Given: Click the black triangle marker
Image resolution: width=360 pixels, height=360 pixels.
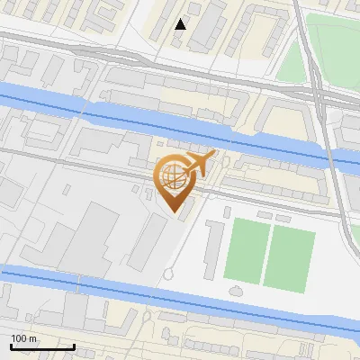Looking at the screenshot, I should coord(181,24).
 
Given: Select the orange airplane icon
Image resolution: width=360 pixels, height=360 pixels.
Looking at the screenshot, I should coord(200,165).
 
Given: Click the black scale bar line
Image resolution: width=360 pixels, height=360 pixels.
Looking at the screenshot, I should coord(41,346).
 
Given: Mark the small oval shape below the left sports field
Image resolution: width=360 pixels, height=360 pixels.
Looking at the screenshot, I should coord(236,291).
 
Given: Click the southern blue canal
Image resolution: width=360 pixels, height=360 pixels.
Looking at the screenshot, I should coord(180,297).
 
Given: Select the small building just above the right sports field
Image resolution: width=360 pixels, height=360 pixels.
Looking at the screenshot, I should coord(283,218).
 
